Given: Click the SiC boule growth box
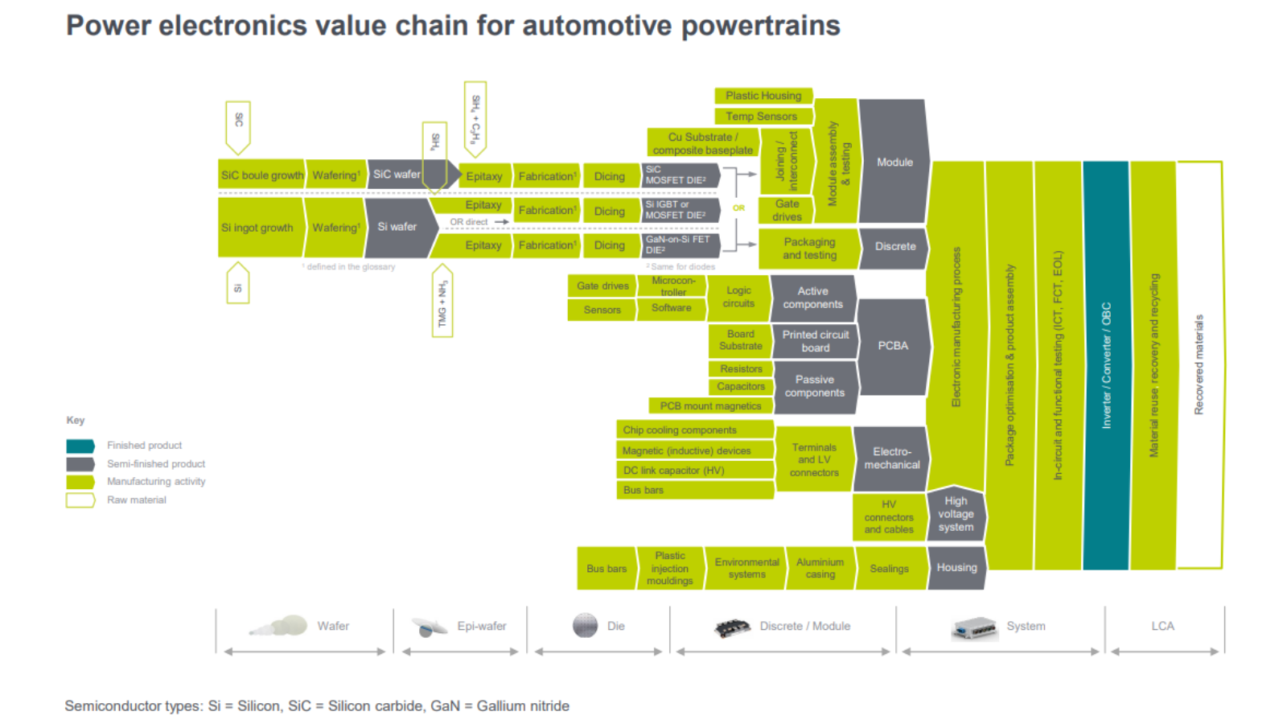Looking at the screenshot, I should click(x=261, y=175).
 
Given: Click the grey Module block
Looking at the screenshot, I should click(x=894, y=162).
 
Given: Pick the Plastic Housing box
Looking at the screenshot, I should click(x=763, y=96).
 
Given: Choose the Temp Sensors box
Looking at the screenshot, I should click(x=761, y=117).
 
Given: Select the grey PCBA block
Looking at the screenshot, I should click(x=893, y=346).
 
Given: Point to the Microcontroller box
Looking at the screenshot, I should click(x=672, y=286).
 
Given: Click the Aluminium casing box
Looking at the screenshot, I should click(x=820, y=568).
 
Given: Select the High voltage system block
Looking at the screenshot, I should click(x=956, y=514).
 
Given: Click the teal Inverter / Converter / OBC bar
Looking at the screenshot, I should click(x=1105, y=366).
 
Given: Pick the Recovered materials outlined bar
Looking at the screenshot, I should click(x=1199, y=366).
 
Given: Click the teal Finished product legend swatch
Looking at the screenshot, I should click(x=80, y=446).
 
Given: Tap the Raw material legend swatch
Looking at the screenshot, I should click(x=80, y=500).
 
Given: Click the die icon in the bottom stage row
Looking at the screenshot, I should click(x=586, y=626).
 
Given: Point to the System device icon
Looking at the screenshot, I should click(x=974, y=627).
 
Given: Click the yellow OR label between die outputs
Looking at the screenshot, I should click(x=738, y=208).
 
